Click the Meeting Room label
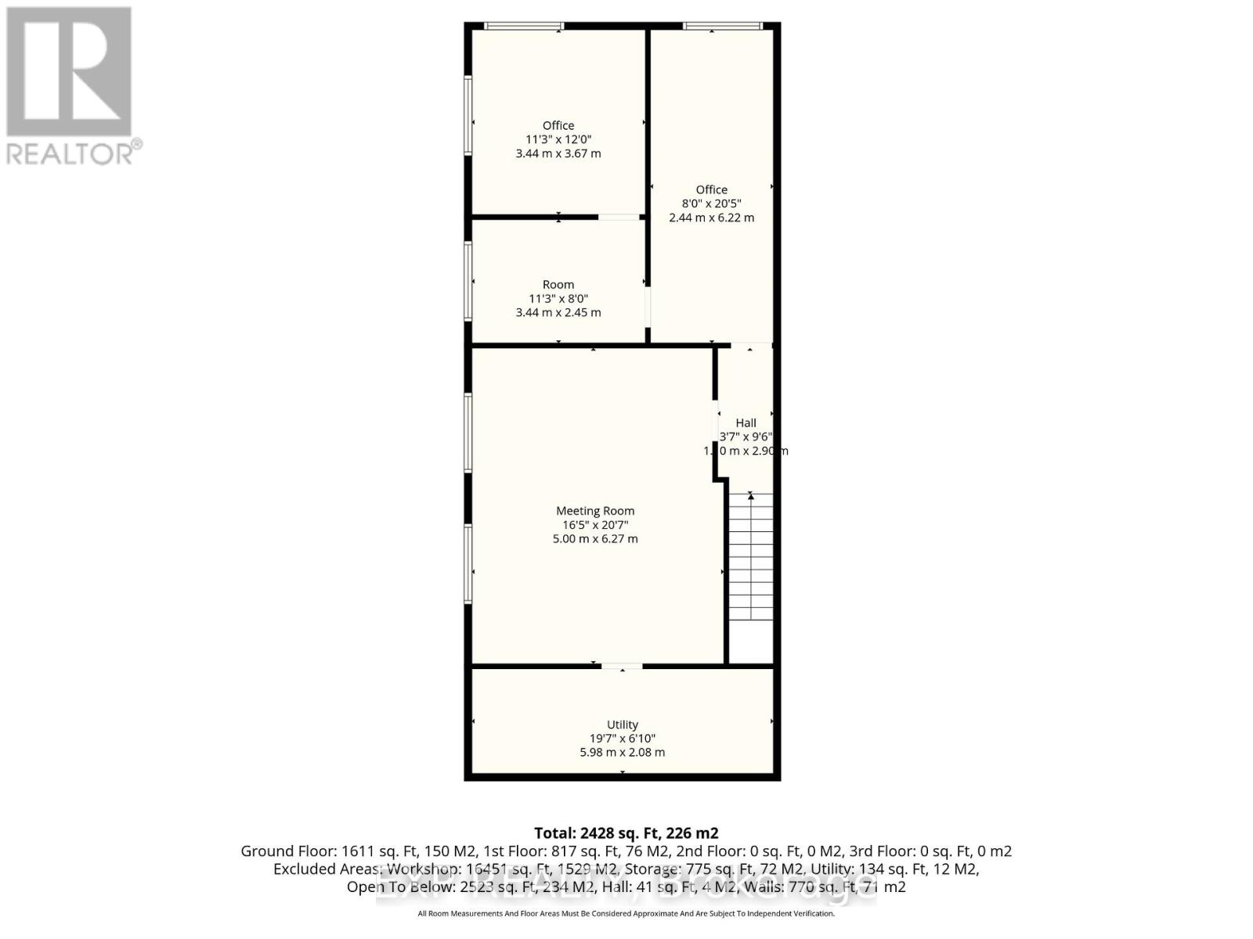click(x=595, y=511)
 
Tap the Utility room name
click(x=623, y=725)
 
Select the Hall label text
click(x=746, y=423)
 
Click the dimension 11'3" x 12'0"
click(x=558, y=139)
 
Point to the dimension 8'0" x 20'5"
click(x=711, y=203)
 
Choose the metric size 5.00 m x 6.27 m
click(x=595, y=539)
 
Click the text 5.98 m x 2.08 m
click(x=623, y=753)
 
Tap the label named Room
click(x=558, y=285)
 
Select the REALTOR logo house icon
click(x=69, y=72)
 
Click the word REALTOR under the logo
click(x=70, y=153)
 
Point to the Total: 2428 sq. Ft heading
click(x=626, y=833)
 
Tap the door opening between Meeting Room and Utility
click(x=622, y=667)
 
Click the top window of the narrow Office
click(x=722, y=27)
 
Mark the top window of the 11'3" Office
click(x=523, y=27)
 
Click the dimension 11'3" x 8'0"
click(x=558, y=299)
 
